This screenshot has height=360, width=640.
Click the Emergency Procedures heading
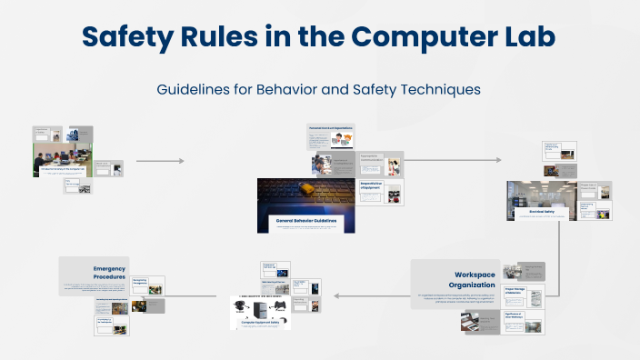[x=109, y=273]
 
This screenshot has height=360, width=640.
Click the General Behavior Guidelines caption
[x=305, y=221]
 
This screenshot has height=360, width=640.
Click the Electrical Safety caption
[x=543, y=211]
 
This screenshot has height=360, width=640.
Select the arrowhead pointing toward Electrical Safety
[x=498, y=160]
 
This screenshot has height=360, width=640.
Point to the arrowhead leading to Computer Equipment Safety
[x=333, y=295]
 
